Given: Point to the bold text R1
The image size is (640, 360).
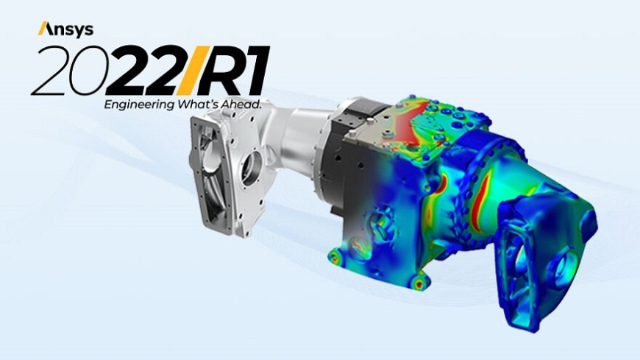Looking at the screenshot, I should pyautogui.click(x=234, y=70).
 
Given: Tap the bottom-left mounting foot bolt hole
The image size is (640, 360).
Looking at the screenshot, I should pyautogui.click(x=335, y=257).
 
